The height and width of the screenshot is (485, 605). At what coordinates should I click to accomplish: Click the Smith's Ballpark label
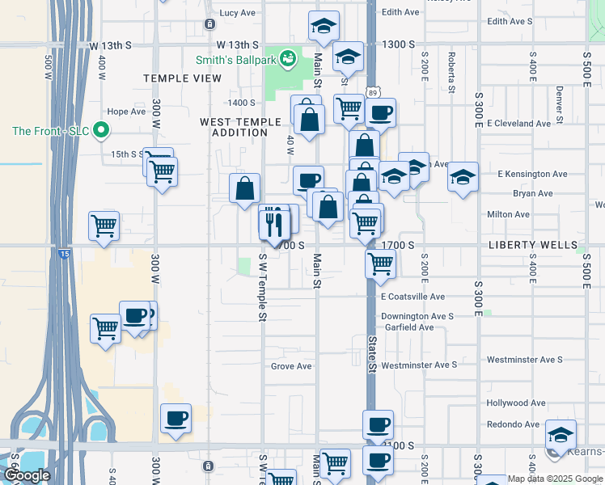coord(235,59)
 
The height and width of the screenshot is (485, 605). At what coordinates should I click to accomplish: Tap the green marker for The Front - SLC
coord(101,130)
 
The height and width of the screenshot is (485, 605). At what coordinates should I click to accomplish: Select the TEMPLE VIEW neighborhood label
coord(182,78)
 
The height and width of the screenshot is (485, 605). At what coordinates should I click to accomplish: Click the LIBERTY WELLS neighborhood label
coord(532,244)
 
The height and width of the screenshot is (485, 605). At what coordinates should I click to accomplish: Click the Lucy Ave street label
coord(237,13)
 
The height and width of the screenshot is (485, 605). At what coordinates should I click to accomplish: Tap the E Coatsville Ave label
coord(412,297)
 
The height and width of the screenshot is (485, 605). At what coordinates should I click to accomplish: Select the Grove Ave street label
coord(291,366)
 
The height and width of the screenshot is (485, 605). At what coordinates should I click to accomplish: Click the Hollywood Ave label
coord(516,403)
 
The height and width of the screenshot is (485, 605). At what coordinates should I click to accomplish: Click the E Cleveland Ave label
coord(518,124)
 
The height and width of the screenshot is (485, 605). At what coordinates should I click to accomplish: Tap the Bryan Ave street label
coord(532,194)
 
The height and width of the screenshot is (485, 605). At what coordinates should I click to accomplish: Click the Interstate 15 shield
coord(64,254)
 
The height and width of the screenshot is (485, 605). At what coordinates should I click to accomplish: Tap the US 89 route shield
coord(372,93)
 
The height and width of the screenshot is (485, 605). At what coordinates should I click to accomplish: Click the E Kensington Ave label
coord(532,174)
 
